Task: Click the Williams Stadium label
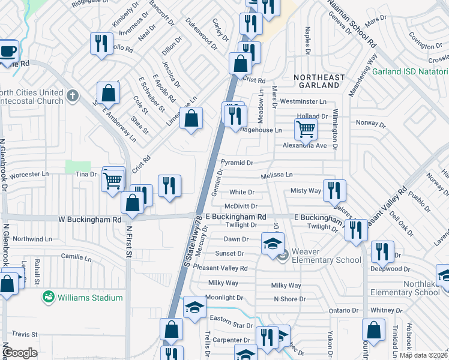click(90, 298)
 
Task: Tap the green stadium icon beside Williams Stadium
click(47, 297)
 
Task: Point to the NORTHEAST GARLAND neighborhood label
click(319, 82)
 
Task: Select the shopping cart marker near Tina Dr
click(113, 179)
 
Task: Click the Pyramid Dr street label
click(237, 163)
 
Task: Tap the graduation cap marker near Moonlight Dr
click(194, 308)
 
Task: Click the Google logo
click(20, 353)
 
